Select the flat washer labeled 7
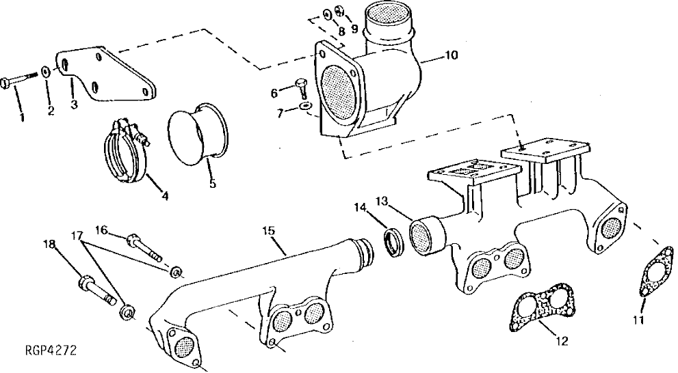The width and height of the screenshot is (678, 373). (305, 107)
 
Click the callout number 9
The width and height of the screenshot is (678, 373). (354, 29)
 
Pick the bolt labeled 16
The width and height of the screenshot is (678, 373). (143, 246)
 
